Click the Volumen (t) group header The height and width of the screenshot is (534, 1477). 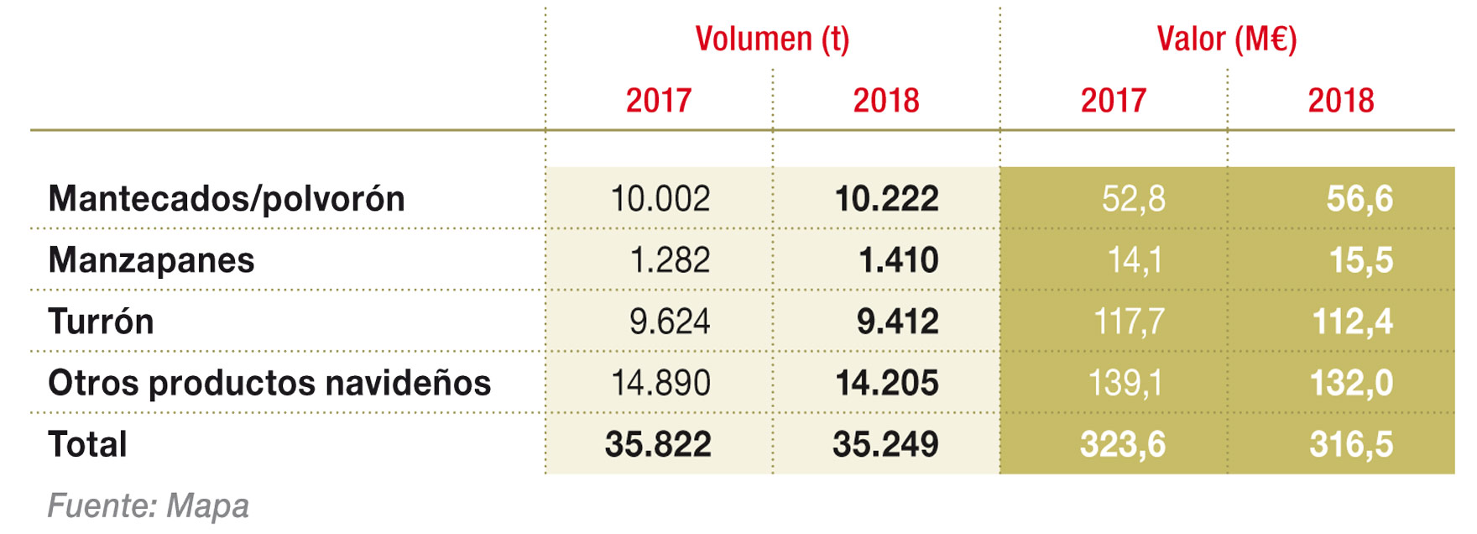click(772, 39)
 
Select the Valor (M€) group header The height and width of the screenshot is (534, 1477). click(1226, 39)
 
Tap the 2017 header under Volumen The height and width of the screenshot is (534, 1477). click(659, 101)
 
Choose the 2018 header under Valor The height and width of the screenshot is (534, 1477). click(1340, 101)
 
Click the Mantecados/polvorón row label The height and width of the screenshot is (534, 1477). click(227, 199)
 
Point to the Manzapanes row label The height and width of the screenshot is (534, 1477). click(151, 260)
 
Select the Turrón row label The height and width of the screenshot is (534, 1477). click(101, 322)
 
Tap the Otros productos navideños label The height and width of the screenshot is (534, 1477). click(269, 383)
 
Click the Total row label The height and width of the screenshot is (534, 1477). click(87, 444)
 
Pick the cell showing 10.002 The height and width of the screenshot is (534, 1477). click(660, 199)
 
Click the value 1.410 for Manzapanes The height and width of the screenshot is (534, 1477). click(898, 260)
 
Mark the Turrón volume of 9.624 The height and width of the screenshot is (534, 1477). click(669, 322)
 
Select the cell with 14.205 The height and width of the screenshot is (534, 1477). click(887, 383)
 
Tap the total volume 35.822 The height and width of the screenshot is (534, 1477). click(658, 444)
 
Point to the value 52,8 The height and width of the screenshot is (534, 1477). click(1133, 199)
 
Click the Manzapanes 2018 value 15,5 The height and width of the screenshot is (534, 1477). click(1360, 260)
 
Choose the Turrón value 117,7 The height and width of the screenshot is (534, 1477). click(1129, 322)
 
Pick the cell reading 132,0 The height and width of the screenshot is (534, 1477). click(1351, 383)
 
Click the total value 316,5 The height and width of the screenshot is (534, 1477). click(1351, 444)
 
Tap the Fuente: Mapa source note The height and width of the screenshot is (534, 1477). click(149, 506)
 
